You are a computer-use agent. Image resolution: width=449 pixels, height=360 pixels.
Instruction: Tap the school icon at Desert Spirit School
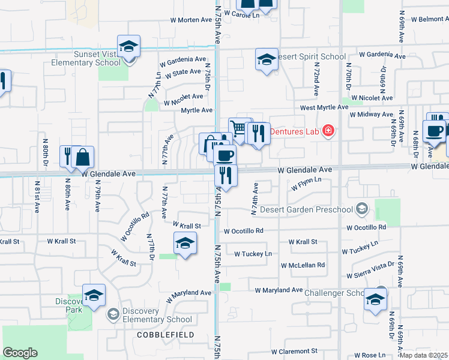click(x=267, y=59)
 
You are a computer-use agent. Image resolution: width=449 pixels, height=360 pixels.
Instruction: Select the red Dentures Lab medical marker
click(x=328, y=130)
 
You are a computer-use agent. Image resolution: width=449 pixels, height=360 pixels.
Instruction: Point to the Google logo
click(x=20, y=353)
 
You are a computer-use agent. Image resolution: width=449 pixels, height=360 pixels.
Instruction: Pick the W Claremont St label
click(x=294, y=351)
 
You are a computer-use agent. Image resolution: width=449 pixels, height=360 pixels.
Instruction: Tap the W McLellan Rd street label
click(x=303, y=265)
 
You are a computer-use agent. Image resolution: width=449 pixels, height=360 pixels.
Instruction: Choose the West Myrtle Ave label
click(x=324, y=107)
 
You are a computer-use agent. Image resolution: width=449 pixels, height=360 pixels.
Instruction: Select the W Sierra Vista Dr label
click(x=371, y=271)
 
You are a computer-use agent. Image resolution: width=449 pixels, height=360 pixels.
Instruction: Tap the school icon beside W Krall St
click(x=185, y=244)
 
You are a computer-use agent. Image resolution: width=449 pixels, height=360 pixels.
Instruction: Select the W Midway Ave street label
click(x=371, y=114)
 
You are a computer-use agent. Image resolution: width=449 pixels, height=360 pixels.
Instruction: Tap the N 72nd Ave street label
click(x=316, y=82)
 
